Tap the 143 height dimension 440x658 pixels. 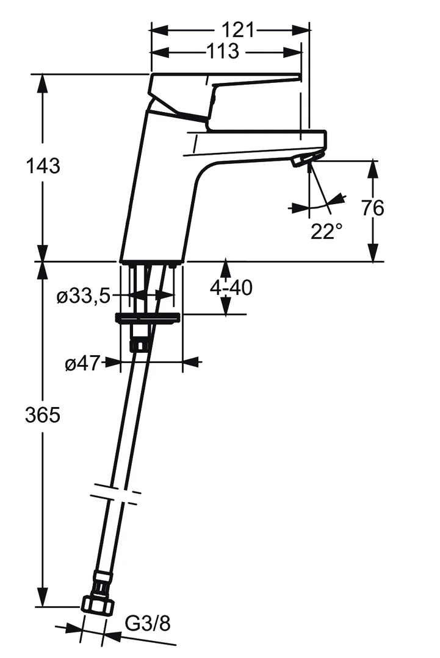(43, 166)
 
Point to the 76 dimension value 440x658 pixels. (372, 208)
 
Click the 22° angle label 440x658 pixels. (326, 232)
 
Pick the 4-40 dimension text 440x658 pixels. (231, 288)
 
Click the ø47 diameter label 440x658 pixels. (83, 364)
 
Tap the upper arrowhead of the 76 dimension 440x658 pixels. (372, 170)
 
